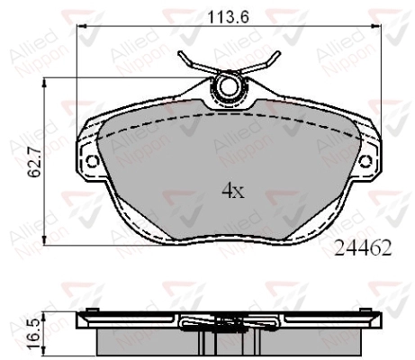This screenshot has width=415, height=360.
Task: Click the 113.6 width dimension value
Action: pos(229,17)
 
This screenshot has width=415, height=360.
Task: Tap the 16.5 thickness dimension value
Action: pos(33,334)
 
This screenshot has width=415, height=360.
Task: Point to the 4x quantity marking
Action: pos(233,191)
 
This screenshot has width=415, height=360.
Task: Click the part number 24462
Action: pos(363,247)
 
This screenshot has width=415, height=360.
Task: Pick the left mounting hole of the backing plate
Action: pos(92,162)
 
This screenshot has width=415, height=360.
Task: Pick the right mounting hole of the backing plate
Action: pos(365,162)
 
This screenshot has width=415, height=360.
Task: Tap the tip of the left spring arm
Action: pos(180,53)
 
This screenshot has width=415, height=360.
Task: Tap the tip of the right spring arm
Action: pos(278,53)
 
